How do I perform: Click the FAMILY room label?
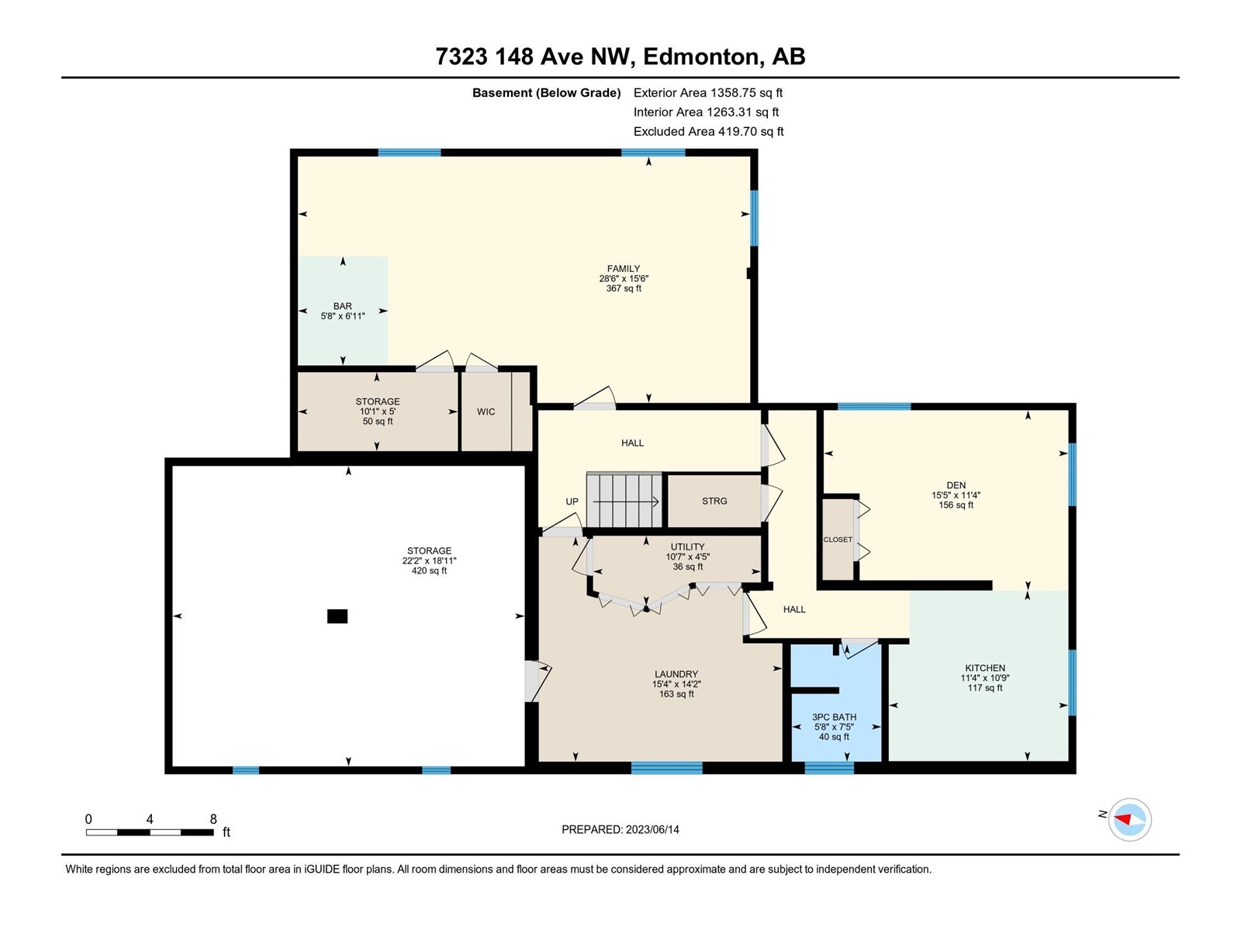624,269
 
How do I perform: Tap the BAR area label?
343,306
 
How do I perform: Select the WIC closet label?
486,412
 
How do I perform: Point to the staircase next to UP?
624,501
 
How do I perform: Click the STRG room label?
714,501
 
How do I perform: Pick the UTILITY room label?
687,546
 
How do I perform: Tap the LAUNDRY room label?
676,673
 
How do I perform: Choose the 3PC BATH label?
834,717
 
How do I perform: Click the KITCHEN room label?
985,668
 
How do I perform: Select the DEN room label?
956,485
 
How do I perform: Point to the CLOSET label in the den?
838,540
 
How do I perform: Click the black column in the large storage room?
337,616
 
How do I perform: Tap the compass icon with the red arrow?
1129,819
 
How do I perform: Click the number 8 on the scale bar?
213,818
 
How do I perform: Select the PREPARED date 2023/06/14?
652,829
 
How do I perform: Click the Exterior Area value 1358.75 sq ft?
746,92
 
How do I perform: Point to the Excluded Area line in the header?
708,132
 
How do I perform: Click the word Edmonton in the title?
700,57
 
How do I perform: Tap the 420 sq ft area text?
429,571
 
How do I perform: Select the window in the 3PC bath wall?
829,767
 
